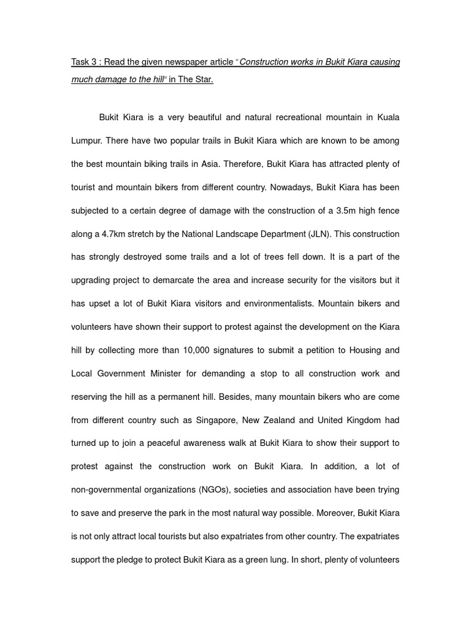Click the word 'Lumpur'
pos(86,140)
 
